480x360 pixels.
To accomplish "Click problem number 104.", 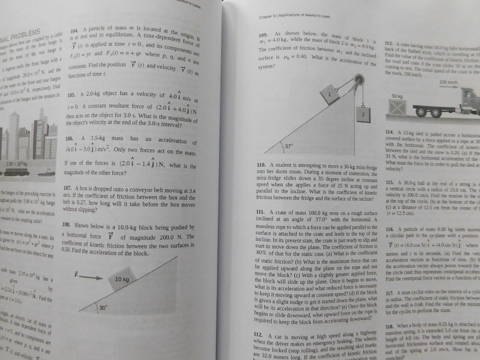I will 74,31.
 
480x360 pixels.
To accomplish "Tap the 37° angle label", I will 289,146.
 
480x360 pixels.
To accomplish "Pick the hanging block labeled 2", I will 362,114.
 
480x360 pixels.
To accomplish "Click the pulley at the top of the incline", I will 358,80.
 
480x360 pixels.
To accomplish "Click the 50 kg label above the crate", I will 397,96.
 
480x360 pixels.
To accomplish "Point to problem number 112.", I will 258,335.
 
